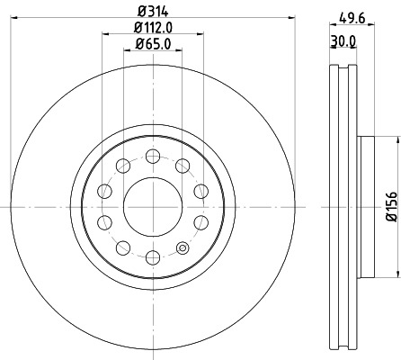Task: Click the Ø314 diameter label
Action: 152,12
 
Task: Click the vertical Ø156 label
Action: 390,206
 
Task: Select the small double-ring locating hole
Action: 183,249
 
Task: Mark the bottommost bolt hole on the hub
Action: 152,258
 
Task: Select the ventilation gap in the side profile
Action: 343,205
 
